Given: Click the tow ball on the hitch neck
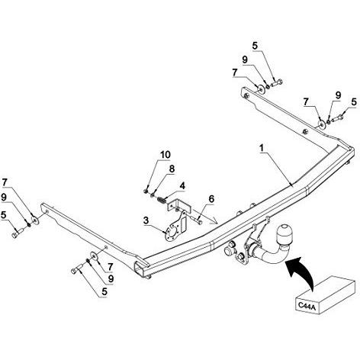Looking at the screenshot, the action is (x=284, y=234).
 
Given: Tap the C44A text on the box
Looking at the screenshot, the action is (x=307, y=306).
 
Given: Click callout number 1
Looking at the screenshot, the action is (x=261, y=148).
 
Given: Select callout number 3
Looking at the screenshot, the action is (x=146, y=220).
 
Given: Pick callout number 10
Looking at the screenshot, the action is (x=166, y=154).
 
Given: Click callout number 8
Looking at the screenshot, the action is (x=172, y=169).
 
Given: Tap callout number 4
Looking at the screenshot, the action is (x=182, y=186).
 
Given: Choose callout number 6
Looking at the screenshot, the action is (x=212, y=199).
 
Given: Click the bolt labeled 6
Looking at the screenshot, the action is (x=196, y=220).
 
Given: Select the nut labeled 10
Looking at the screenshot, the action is (x=146, y=191).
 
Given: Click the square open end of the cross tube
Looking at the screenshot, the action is (x=140, y=268).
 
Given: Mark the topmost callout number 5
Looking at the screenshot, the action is (x=255, y=46).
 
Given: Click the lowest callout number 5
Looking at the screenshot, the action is (x=104, y=292).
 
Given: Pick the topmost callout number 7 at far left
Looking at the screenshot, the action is (x=5, y=182).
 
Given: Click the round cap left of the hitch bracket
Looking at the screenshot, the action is (x=228, y=251).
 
